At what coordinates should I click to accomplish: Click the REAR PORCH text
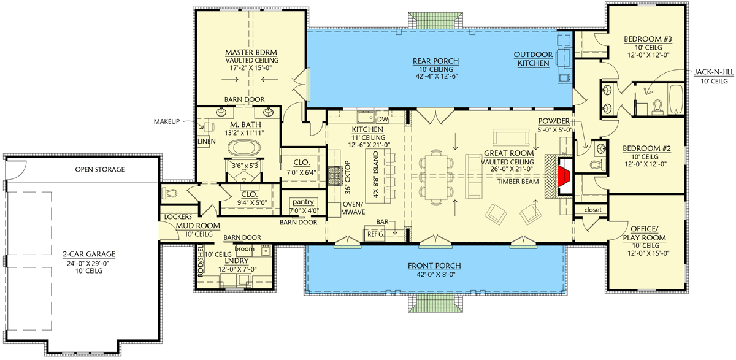pyautogui.click(x=436, y=61)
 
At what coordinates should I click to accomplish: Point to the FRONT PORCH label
pyautogui.click(x=436, y=266)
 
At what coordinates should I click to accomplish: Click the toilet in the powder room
pyautogui.click(x=596, y=164)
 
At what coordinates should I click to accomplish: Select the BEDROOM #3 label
pyautogui.click(x=648, y=40)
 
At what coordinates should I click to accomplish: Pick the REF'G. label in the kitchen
pyautogui.click(x=375, y=234)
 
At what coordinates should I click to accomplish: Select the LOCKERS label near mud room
pyautogui.click(x=176, y=217)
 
